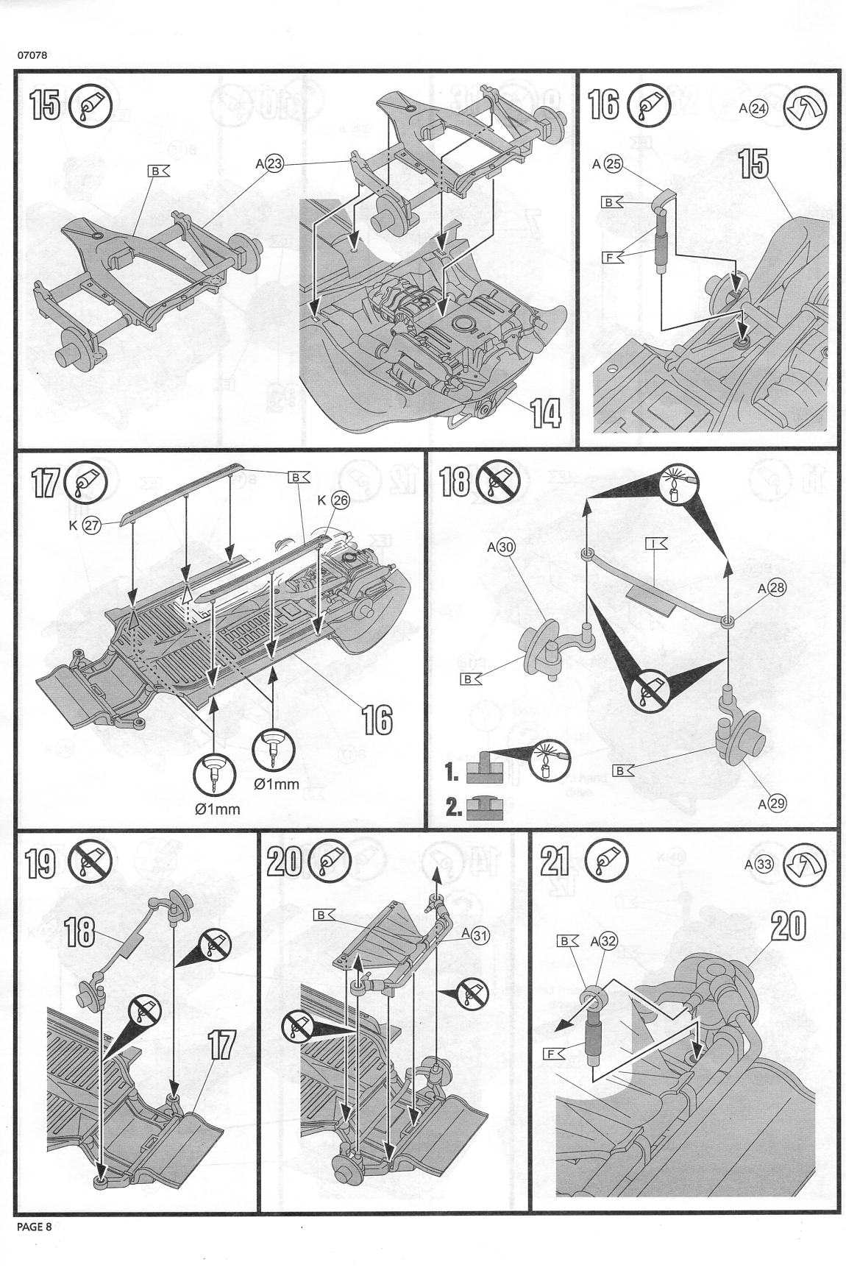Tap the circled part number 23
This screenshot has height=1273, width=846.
pyautogui.click(x=274, y=165)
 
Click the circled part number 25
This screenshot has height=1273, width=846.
pyautogui.click(x=613, y=164)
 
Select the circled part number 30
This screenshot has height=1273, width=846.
pyautogui.click(x=506, y=547)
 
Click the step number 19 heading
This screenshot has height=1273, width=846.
pyautogui.click(x=40, y=862)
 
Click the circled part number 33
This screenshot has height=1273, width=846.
pyautogui.click(x=764, y=865)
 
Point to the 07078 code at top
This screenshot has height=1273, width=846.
pyautogui.click(x=30, y=54)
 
